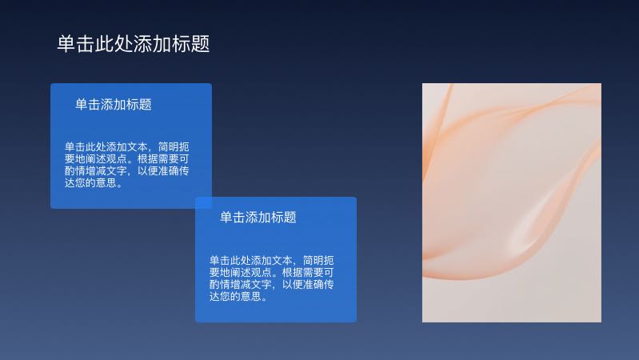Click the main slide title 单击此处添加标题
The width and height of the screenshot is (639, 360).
[x=133, y=44]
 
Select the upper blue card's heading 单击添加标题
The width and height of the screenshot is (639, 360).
[x=114, y=104]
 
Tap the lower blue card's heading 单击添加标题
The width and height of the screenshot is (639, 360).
[x=258, y=217]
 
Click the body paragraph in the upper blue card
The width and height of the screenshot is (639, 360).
[x=127, y=165]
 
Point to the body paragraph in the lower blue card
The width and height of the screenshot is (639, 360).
[x=272, y=278]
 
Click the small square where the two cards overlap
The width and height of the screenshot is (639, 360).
[x=203, y=202]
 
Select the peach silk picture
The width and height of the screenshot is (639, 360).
[x=511, y=202]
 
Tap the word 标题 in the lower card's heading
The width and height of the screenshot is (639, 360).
[x=284, y=217]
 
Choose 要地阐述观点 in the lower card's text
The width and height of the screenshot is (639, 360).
[x=242, y=273]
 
